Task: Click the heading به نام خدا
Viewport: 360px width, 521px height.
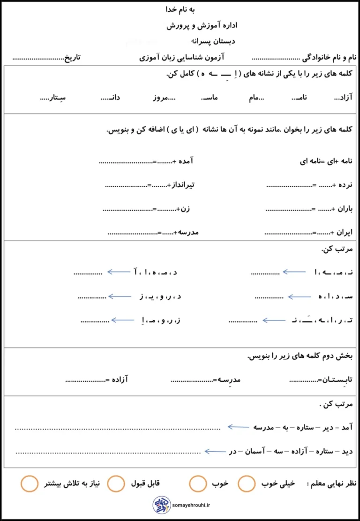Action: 180,9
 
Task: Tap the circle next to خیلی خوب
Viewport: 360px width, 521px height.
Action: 247,483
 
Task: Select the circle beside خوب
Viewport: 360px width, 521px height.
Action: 198,483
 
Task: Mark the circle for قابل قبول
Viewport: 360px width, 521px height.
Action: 116,483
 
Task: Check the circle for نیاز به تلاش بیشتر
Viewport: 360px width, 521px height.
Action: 30,483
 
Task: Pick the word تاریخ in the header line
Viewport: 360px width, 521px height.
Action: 72,57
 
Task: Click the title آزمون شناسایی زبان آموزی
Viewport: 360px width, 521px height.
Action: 182,57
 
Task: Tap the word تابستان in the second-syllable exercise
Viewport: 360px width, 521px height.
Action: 337,379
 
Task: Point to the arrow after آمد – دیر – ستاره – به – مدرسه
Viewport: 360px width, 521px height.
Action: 238,427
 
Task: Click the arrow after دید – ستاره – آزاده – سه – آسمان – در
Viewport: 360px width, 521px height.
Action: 215,451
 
